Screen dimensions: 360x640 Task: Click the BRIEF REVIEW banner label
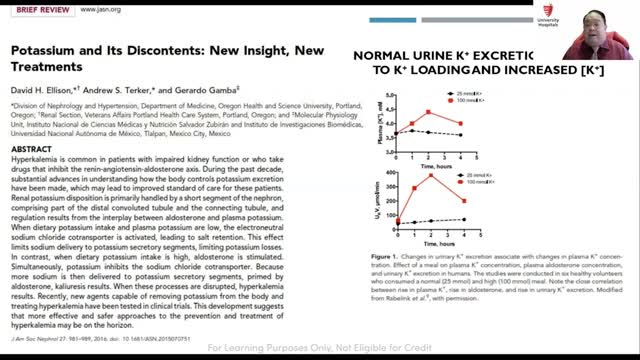pyautogui.click(x=36, y=6)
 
